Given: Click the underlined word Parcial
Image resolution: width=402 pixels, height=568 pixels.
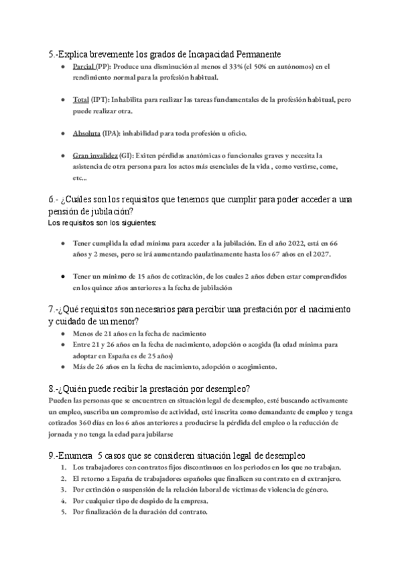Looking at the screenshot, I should tap(83, 67).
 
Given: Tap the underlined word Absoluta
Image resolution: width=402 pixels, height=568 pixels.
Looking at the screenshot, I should tap(86, 133).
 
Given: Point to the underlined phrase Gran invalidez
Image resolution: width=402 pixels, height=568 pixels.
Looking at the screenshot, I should tap(96, 155).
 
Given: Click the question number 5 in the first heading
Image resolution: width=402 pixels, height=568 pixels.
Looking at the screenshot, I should tap(51, 54).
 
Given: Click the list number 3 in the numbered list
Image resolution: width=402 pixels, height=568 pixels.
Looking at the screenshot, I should tap(63, 490).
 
